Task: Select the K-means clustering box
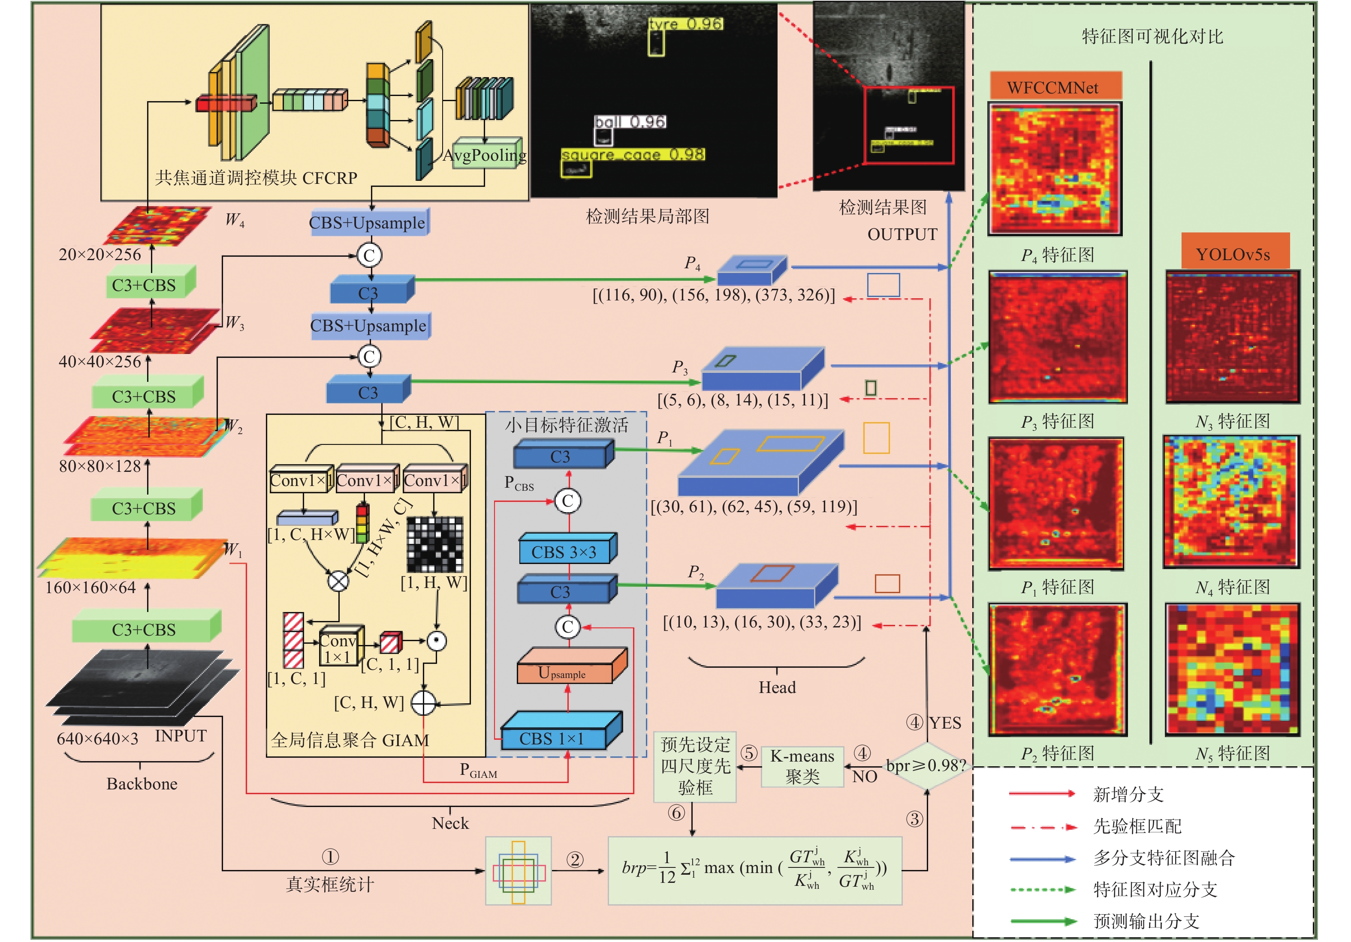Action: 802,766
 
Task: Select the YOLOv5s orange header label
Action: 1233,254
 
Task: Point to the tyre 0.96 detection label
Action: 685,24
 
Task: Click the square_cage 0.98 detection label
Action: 633,155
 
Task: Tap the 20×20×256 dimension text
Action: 100,255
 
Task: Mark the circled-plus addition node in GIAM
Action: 423,703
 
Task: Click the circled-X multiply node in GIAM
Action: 338,581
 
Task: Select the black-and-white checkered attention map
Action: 435,544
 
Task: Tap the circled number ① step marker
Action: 330,857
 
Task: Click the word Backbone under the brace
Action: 142,784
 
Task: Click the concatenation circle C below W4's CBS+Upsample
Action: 370,255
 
